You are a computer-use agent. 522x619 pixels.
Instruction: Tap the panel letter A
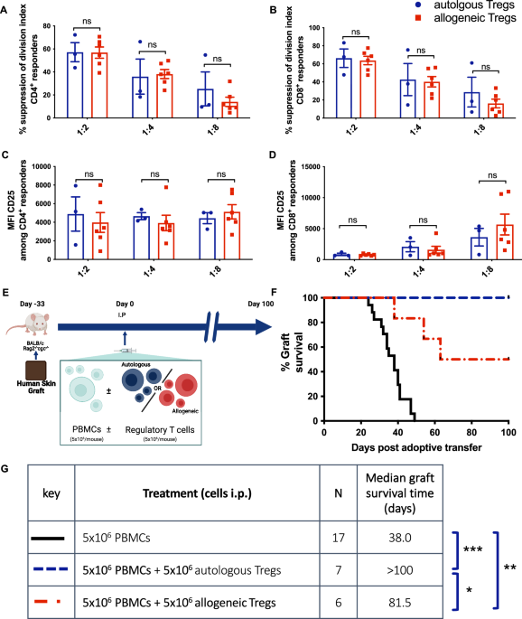(7, 9)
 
